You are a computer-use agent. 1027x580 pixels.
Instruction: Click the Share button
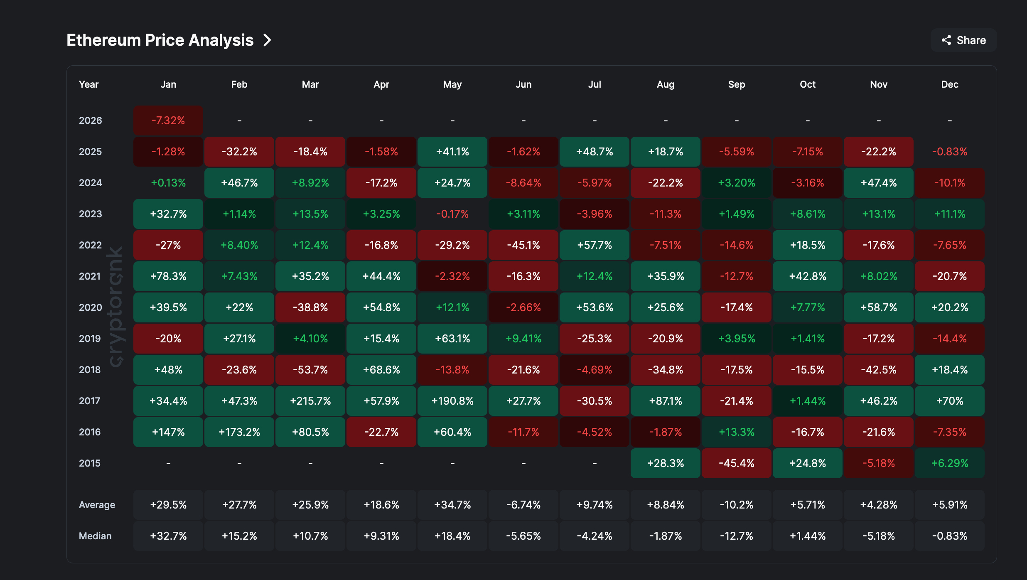click(963, 40)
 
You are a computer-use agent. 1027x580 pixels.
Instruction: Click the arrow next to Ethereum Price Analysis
click(268, 40)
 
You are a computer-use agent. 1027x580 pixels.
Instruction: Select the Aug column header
click(666, 84)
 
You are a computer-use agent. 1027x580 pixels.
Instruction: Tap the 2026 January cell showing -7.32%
click(168, 120)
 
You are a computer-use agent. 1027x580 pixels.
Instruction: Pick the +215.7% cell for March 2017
click(310, 401)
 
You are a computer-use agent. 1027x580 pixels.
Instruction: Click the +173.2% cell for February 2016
click(239, 432)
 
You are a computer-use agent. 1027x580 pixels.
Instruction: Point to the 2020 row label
click(90, 307)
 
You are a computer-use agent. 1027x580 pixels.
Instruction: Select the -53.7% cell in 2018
click(310, 370)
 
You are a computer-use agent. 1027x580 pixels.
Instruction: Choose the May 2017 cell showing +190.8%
click(452, 401)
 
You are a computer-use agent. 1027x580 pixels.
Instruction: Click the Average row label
click(97, 505)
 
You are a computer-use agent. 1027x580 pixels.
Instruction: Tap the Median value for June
click(523, 536)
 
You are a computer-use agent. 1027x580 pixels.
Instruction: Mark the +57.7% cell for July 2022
click(595, 245)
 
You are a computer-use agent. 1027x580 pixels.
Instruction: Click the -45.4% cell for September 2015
click(737, 463)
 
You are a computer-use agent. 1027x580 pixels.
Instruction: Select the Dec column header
click(950, 84)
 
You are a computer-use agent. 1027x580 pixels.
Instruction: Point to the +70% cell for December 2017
click(950, 401)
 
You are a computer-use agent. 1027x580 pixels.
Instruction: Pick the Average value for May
click(452, 505)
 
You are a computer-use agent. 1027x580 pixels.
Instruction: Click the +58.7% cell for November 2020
click(879, 307)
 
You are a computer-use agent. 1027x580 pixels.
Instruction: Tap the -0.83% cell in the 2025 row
click(950, 152)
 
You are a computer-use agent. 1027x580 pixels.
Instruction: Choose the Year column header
click(88, 84)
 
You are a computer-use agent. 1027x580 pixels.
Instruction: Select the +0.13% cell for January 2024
click(168, 183)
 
